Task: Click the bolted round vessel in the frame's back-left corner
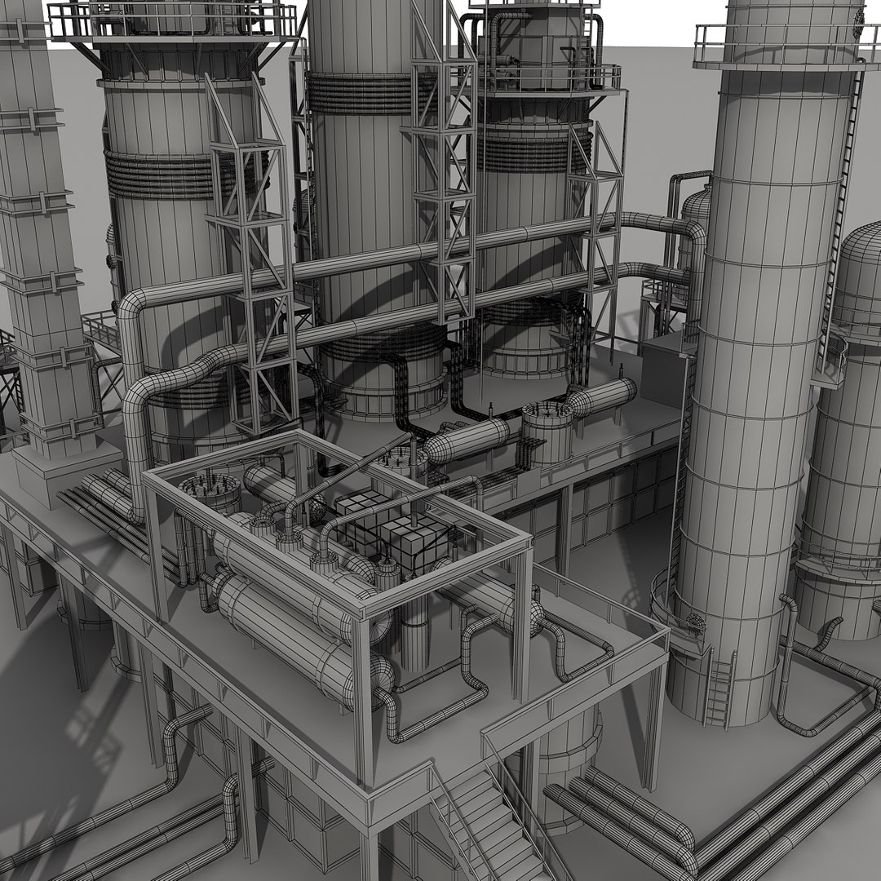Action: click(x=210, y=493)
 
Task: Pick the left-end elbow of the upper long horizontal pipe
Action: click(x=135, y=314)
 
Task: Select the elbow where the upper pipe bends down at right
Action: click(x=689, y=232)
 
